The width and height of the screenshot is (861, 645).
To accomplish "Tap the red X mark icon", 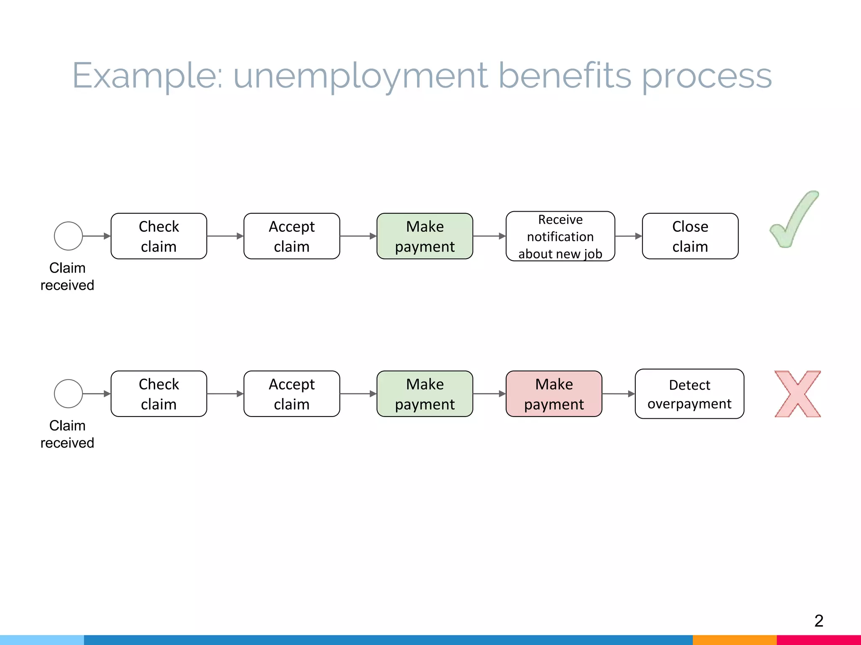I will tap(798, 394).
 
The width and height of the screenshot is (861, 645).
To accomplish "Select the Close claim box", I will tap(690, 236).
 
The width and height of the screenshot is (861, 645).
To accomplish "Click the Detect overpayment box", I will tap(689, 394).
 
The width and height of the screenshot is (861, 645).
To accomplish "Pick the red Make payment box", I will tap(554, 394).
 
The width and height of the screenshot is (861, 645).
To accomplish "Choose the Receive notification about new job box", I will tap(560, 236).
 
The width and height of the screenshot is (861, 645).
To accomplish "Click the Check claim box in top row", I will tap(158, 236).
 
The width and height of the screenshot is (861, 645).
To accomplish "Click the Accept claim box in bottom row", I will tap(291, 394).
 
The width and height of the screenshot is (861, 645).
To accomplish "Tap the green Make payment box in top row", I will tap(425, 236).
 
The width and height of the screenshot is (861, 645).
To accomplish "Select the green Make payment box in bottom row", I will tap(425, 394).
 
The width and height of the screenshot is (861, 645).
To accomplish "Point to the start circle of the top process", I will tap(68, 236).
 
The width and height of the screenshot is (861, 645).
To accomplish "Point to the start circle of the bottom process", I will tap(68, 394).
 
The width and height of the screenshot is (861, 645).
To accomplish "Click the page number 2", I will tap(819, 621).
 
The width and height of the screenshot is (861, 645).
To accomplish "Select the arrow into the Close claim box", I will tap(629, 236).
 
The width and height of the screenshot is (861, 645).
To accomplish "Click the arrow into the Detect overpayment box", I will tap(618, 394).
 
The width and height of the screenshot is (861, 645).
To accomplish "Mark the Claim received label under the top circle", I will tap(67, 276).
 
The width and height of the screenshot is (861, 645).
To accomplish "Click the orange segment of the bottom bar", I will tap(734, 640).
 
